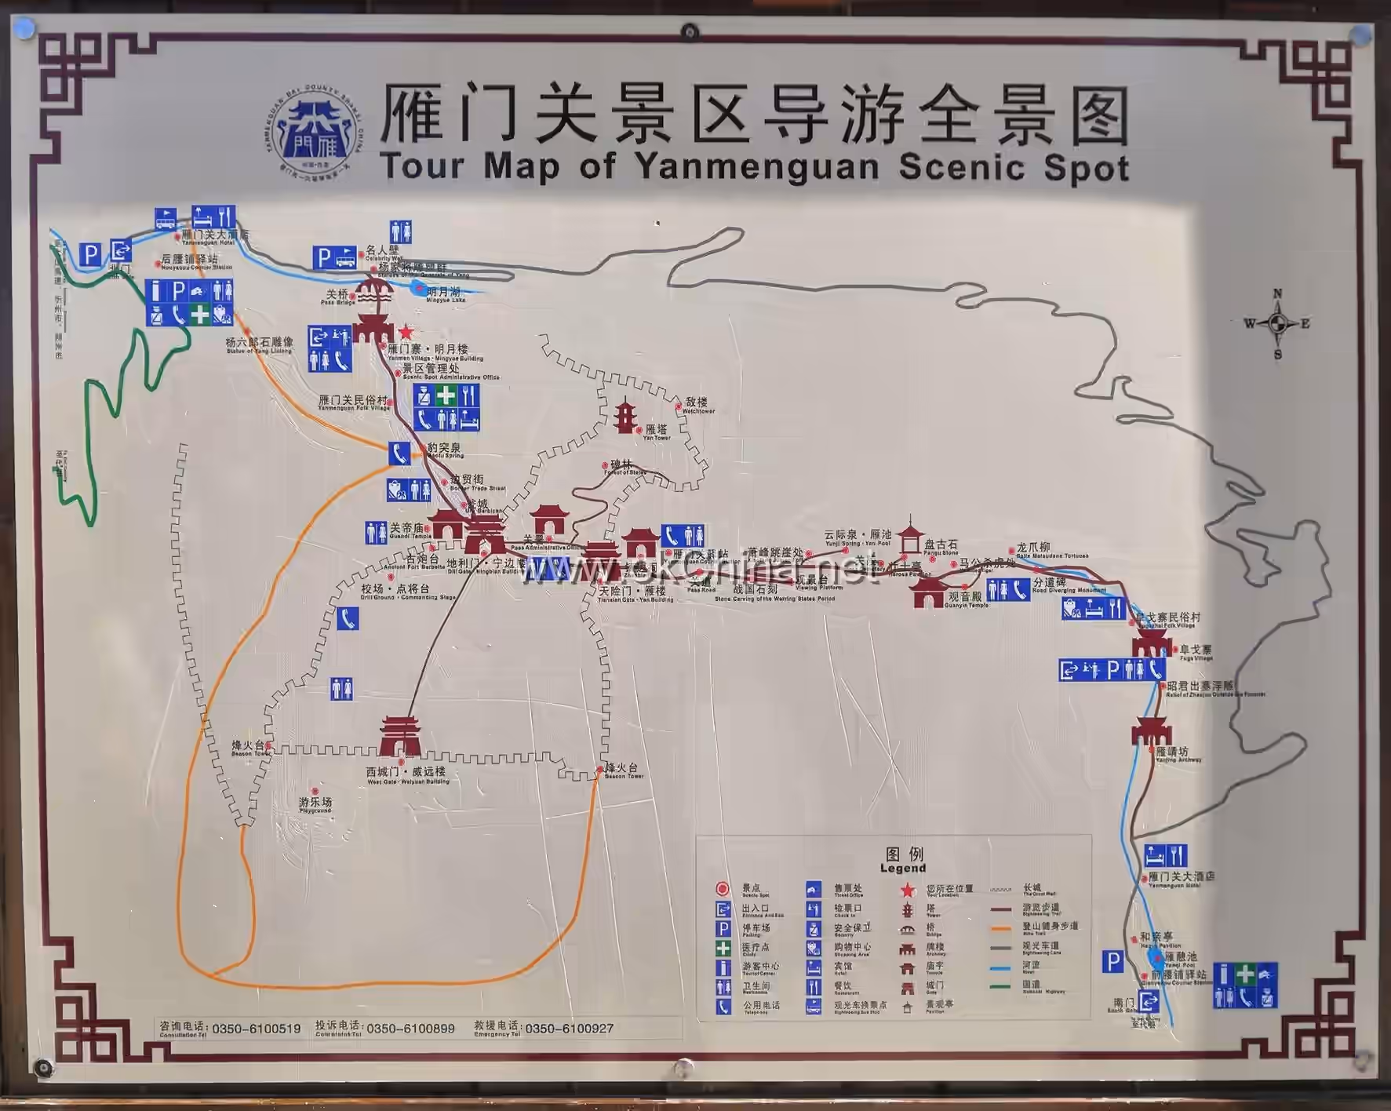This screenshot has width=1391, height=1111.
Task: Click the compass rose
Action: pos(1277,323)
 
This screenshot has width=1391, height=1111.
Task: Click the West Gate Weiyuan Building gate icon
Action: pos(400,736)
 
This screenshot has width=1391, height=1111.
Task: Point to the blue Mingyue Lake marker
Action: pos(417,288)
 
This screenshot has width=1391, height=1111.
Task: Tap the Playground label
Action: pos(315,803)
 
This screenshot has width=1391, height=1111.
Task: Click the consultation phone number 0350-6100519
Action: pos(256,1029)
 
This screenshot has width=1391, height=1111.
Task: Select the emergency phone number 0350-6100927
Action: pos(569,1029)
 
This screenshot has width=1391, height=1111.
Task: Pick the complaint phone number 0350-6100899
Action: pos(410,1029)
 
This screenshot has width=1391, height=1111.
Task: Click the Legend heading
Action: pos(903,860)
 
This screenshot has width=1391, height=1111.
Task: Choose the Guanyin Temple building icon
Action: pos(928,593)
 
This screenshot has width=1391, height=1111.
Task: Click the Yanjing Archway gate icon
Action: pos(1151,731)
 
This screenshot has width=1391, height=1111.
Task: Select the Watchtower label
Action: pos(697,405)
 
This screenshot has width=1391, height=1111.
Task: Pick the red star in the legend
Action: pos(907,890)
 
